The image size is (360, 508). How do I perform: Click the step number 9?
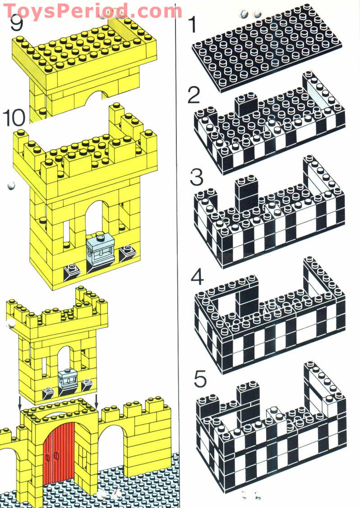(x=17, y=23)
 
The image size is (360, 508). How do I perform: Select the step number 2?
(x=194, y=95)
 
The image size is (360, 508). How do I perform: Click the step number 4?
(x=197, y=278)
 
